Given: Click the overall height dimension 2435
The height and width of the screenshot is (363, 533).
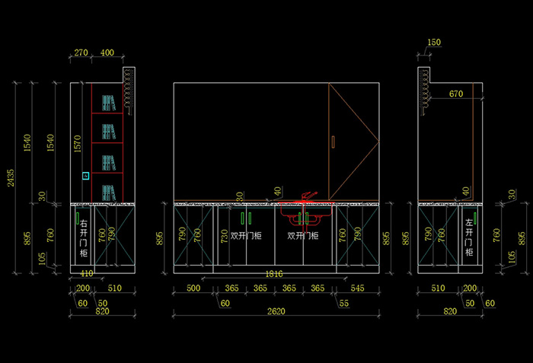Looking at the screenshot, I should [x=9, y=177].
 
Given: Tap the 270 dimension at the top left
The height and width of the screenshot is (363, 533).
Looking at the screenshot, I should [x=81, y=53].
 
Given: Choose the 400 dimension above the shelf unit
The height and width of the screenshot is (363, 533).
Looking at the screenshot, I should [x=107, y=53].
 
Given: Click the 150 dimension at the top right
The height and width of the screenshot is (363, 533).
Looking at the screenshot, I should [x=434, y=42].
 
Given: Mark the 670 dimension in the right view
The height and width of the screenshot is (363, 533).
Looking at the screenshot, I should [x=455, y=94].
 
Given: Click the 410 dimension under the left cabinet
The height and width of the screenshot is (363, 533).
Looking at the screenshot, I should [x=86, y=272].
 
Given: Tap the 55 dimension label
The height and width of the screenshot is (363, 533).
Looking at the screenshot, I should [x=344, y=303].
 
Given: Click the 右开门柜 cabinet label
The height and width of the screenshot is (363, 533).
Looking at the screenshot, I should [x=84, y=238].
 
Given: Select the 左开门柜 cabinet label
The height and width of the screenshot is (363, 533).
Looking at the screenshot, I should [x=469, y=237].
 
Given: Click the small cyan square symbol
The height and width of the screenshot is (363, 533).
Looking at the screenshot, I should [x=86, y=176].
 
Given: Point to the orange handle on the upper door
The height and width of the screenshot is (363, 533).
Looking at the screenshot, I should [x=333, y=141].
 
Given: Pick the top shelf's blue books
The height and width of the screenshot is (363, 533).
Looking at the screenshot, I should [x=107, y=102].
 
